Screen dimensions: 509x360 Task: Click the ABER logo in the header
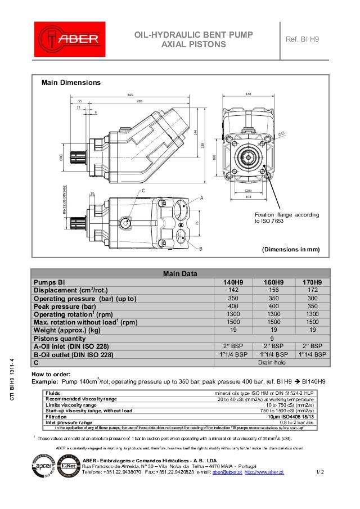point(69,39)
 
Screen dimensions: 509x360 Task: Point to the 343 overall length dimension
point(130,95)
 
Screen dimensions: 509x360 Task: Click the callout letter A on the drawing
point(201,199)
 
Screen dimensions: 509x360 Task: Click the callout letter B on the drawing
point(201,248)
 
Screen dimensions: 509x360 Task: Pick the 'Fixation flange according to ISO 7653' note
point(286,218)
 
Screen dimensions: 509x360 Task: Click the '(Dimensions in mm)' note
point(291,249)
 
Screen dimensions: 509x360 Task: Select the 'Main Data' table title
point(180,274)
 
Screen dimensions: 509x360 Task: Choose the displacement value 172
point(312,290)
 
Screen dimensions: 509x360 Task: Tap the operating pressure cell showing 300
point(312,298)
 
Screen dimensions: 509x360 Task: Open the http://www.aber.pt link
point(264,472)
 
